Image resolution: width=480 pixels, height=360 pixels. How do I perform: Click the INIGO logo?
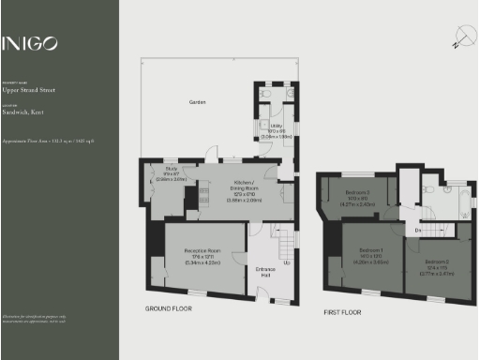coord(29,43)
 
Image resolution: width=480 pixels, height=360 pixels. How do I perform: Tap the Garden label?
coord(198,101)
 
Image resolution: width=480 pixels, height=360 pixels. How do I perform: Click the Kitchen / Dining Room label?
coord(246,186)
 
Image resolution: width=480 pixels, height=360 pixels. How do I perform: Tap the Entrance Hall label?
coord(266,273)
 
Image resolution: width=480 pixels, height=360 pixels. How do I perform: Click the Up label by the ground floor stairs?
coord(286,262)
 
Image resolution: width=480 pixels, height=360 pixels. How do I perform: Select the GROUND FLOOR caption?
coord(170,307)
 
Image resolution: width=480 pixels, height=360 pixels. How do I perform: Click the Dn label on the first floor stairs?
coord(418,230)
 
